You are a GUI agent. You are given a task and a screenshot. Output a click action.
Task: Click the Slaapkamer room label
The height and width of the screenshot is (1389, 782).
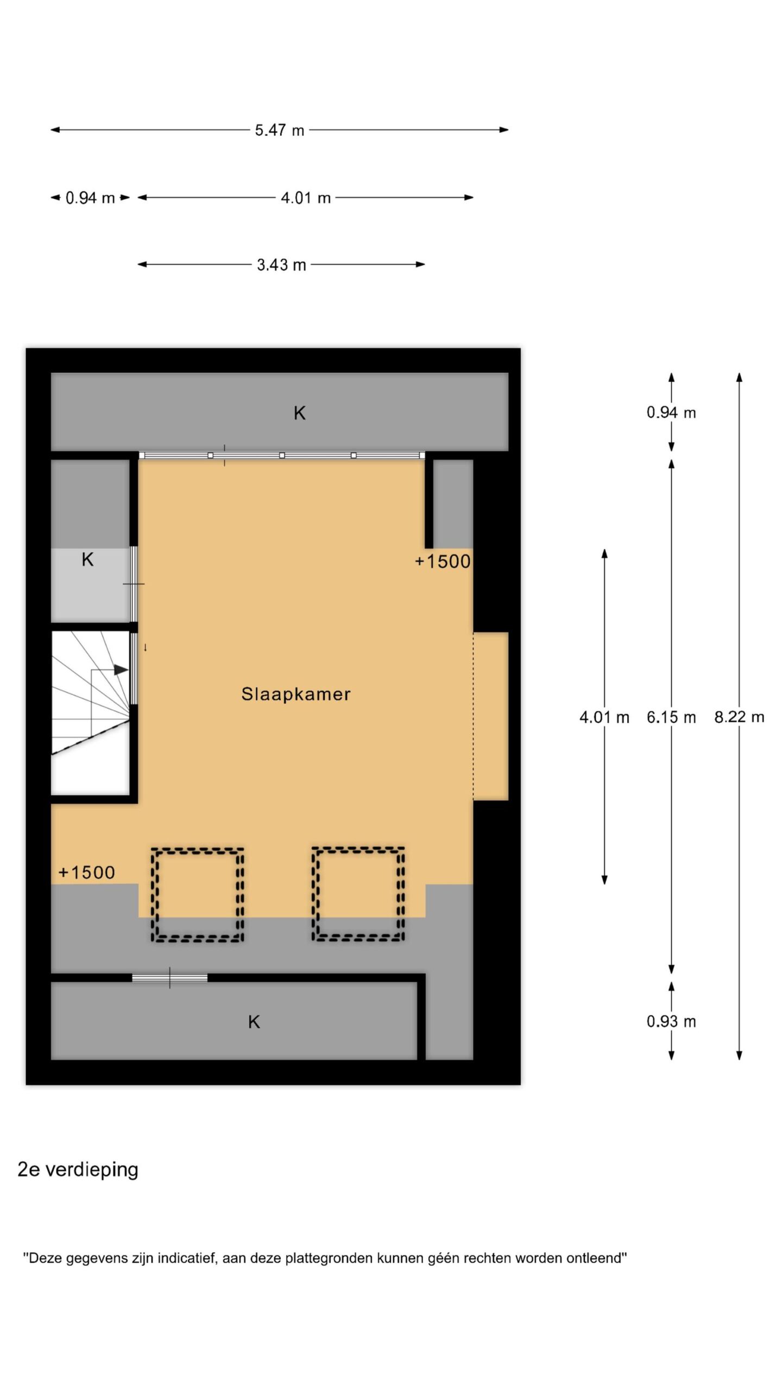click(x=296, y=694)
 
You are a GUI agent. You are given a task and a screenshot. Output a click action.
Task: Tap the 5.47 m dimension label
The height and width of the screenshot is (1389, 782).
click(x=280, y=130)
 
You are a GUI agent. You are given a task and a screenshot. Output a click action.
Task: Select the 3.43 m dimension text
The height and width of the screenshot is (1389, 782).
click(x=281, y=265)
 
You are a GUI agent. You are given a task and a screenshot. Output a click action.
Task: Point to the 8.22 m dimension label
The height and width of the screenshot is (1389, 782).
click(x=739, y=717)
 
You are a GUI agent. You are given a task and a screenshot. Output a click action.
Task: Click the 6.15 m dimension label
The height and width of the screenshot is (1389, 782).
click(x=671, y=717)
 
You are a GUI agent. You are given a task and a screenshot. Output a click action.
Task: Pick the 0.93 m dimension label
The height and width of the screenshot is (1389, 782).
click(x=671, y=1022)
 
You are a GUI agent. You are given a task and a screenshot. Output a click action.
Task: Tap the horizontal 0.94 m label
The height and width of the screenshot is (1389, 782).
click(x=90, y=198)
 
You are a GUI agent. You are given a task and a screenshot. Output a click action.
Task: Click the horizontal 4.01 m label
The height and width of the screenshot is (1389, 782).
click(x=306, y=198)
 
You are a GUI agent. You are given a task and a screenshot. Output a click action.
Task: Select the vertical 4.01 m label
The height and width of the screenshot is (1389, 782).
click(x=604, y=717)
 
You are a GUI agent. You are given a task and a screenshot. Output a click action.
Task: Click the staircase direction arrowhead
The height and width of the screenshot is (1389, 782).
click(x=122, y=670)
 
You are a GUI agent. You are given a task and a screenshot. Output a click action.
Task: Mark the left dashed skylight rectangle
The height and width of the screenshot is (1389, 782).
click(x=197, y=894)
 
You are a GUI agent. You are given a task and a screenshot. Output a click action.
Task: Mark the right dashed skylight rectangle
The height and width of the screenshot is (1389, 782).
click(x=358, y=894)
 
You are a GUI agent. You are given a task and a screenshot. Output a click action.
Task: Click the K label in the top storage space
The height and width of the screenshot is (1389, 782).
click(x=299, y=413)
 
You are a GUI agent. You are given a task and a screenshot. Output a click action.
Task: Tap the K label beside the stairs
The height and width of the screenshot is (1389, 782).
click(x=87, y=559)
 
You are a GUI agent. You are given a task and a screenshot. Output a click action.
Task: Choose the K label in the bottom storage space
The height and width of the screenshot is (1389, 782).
click(x=254, y=1022)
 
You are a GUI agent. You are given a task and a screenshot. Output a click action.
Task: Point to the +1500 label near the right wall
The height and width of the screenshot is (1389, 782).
click(x=443, y=562)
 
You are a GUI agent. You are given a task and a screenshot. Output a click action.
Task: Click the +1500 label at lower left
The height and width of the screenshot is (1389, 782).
click(x=86, y=872)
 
